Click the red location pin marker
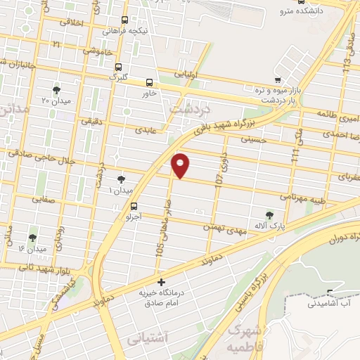[181, 165]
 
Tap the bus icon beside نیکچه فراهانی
[124, 20]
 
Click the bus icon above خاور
[149, 82]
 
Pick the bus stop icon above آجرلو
[134, 205]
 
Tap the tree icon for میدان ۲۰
[57, 89]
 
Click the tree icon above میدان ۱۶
[32, 238]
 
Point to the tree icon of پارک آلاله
[269, 214]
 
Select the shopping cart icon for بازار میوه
[279, 79]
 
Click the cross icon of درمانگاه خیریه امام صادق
[161, 283]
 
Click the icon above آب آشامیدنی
[331, 292]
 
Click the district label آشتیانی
[150, 339]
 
